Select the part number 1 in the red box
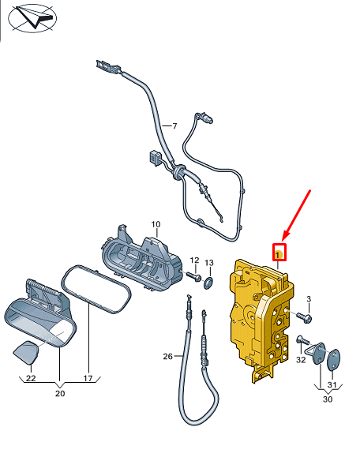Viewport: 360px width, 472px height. coord(278,253)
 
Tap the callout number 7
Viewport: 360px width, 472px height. coord(175,126)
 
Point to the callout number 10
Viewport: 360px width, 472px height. coord(156,224)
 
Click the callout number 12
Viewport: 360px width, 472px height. coord(194,250)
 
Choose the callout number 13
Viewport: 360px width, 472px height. coord(209,262)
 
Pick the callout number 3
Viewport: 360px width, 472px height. coord(309,298)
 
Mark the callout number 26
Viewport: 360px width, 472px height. coord(167,356)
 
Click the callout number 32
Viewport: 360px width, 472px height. coord(301,359)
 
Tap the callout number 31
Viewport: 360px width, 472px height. coord(332,384)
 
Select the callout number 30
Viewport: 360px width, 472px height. coord(327,399)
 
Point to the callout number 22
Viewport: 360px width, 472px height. coord(30,378)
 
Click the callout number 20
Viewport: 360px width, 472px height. coord(60,392)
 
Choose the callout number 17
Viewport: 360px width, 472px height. coord(88,378)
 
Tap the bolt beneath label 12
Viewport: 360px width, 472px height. coord(193,277)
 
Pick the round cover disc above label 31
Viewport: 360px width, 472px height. coord(334,359)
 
